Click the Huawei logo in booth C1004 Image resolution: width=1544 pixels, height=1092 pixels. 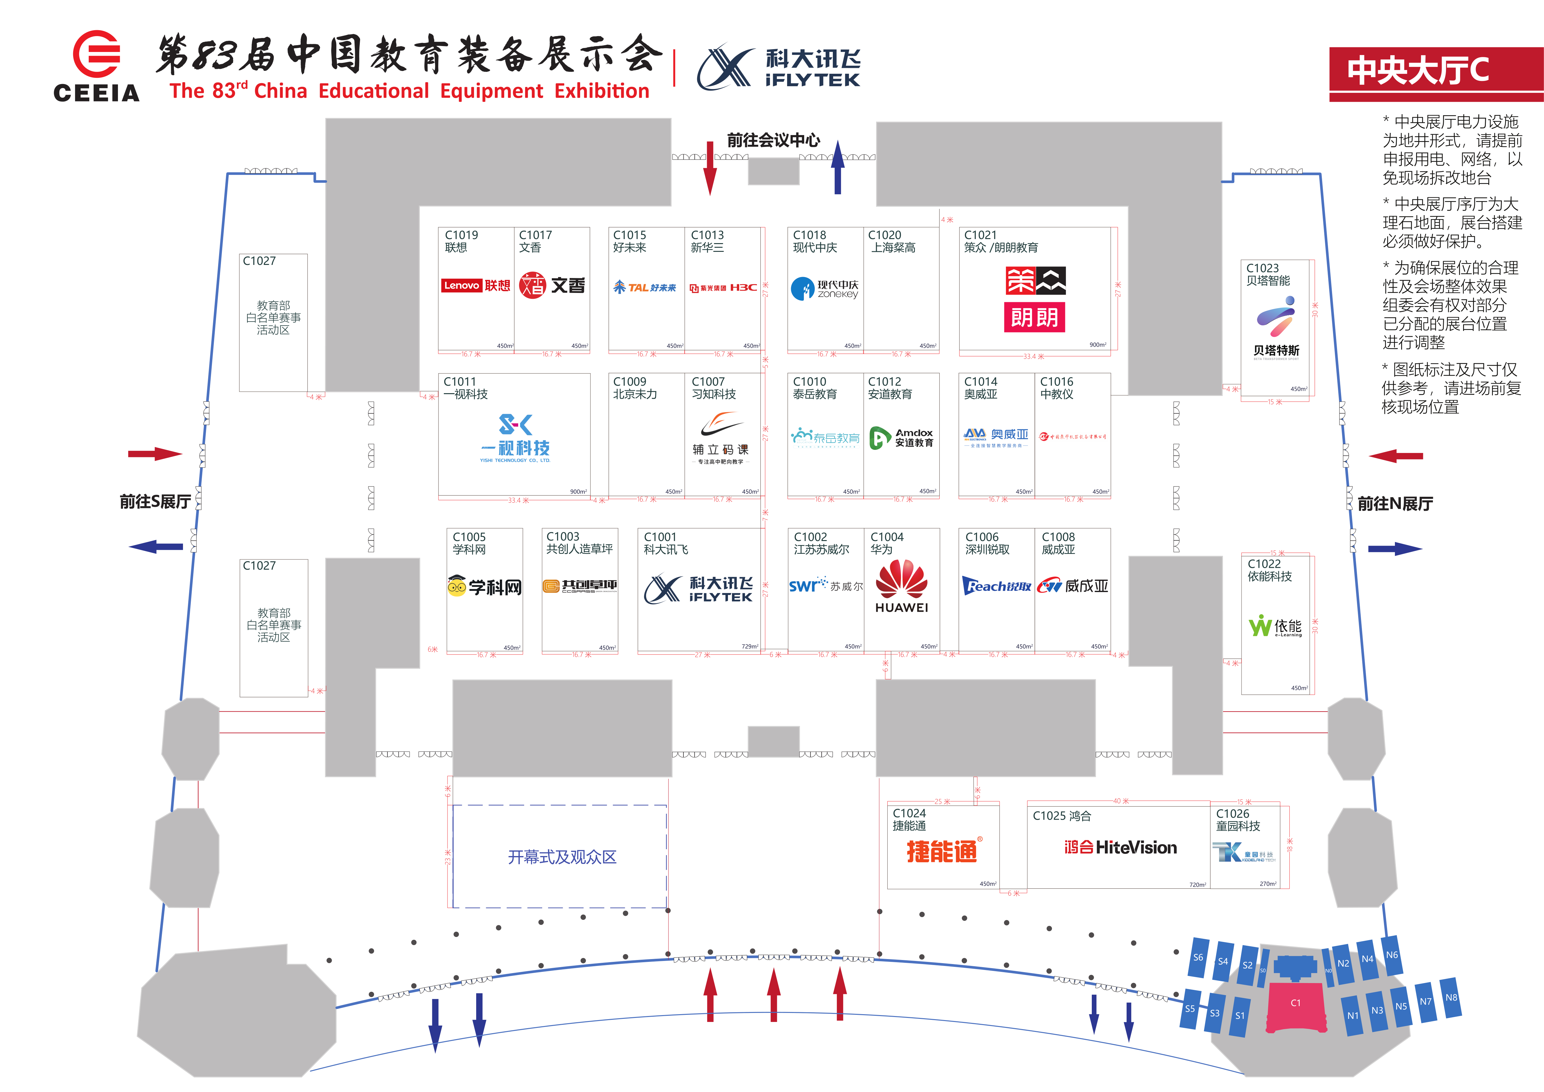pyautogui.click(x=901, y=586)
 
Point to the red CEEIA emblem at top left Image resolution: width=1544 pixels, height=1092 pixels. pyautogui.click(x=96, y=54)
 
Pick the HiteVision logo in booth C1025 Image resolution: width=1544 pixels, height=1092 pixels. pyautogui.click(x=1120, y=847)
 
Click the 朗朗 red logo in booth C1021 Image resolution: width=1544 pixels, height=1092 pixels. pyautogui.click(x=1034, y=318)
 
